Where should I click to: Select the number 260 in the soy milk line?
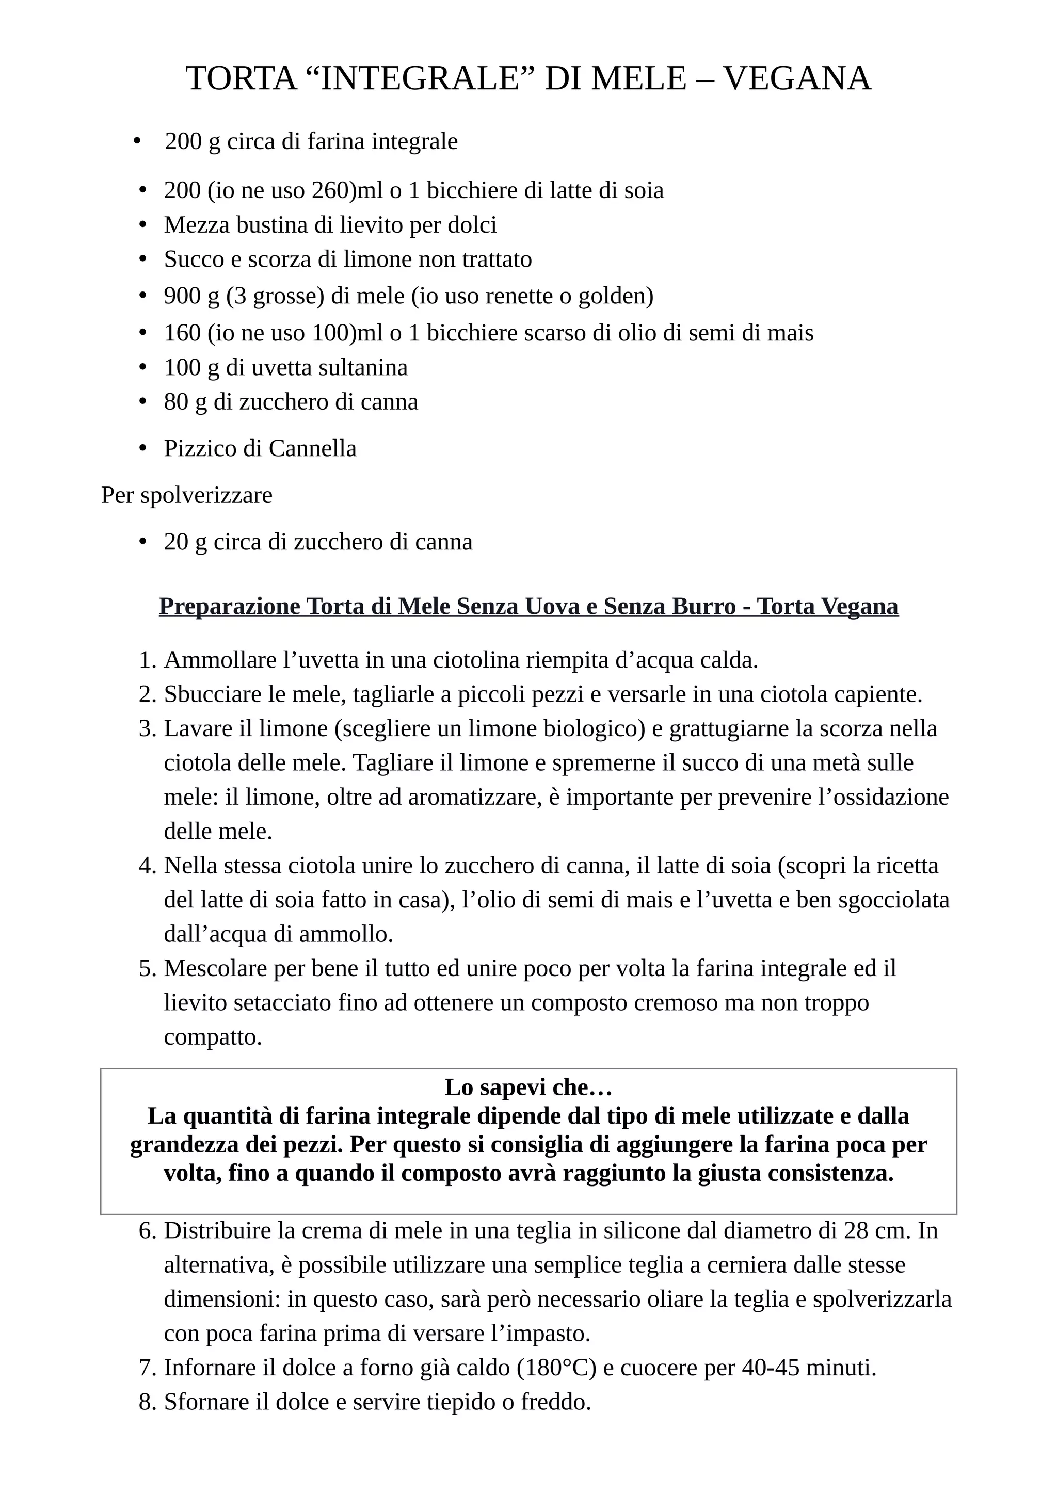click(332, 191)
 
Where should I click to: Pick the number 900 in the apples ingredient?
click(182, 296)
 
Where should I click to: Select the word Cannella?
click(313, 449)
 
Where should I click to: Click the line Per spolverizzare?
click(187, 496)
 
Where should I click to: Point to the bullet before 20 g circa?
click(143, 542)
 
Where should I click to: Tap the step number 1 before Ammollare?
click(147, 660)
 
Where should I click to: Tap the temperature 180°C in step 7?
click(557, 1368)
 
